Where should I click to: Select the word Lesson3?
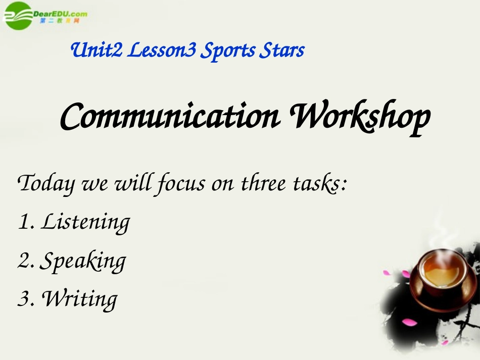tap(161, 50)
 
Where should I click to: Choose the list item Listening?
tap(85, 222)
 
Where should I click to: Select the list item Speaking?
tap(82, 261)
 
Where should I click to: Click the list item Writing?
tap(79, 298)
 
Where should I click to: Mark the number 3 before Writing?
tap(23, 298)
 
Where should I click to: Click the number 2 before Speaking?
tap(23, 260)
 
